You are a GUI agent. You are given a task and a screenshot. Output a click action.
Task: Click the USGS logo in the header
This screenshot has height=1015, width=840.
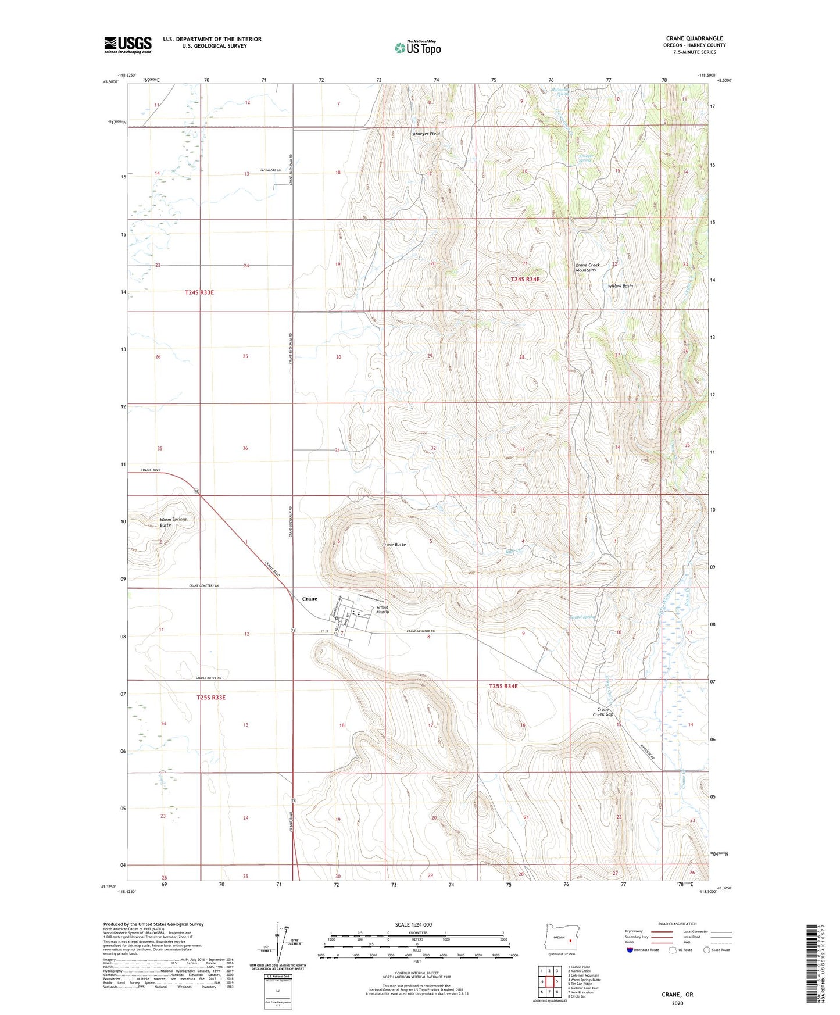point(128,45)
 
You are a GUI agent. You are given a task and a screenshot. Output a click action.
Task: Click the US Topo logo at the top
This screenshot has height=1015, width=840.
point(417,48)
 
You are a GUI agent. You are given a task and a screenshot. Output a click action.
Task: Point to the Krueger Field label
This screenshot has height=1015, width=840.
point(426,134)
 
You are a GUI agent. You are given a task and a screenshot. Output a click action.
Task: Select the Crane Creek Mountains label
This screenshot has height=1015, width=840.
point(587,267)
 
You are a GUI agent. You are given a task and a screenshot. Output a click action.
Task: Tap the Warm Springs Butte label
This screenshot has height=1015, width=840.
point(173,521)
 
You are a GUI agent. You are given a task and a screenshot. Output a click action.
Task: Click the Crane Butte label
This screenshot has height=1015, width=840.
point(394,545)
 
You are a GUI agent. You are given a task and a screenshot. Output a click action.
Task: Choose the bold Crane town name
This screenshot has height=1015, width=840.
point(310,599)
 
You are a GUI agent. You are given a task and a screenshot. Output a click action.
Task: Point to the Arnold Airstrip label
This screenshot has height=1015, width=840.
point(382,610)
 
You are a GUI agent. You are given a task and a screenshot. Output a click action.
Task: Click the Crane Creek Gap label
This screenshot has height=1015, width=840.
point(603,712)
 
